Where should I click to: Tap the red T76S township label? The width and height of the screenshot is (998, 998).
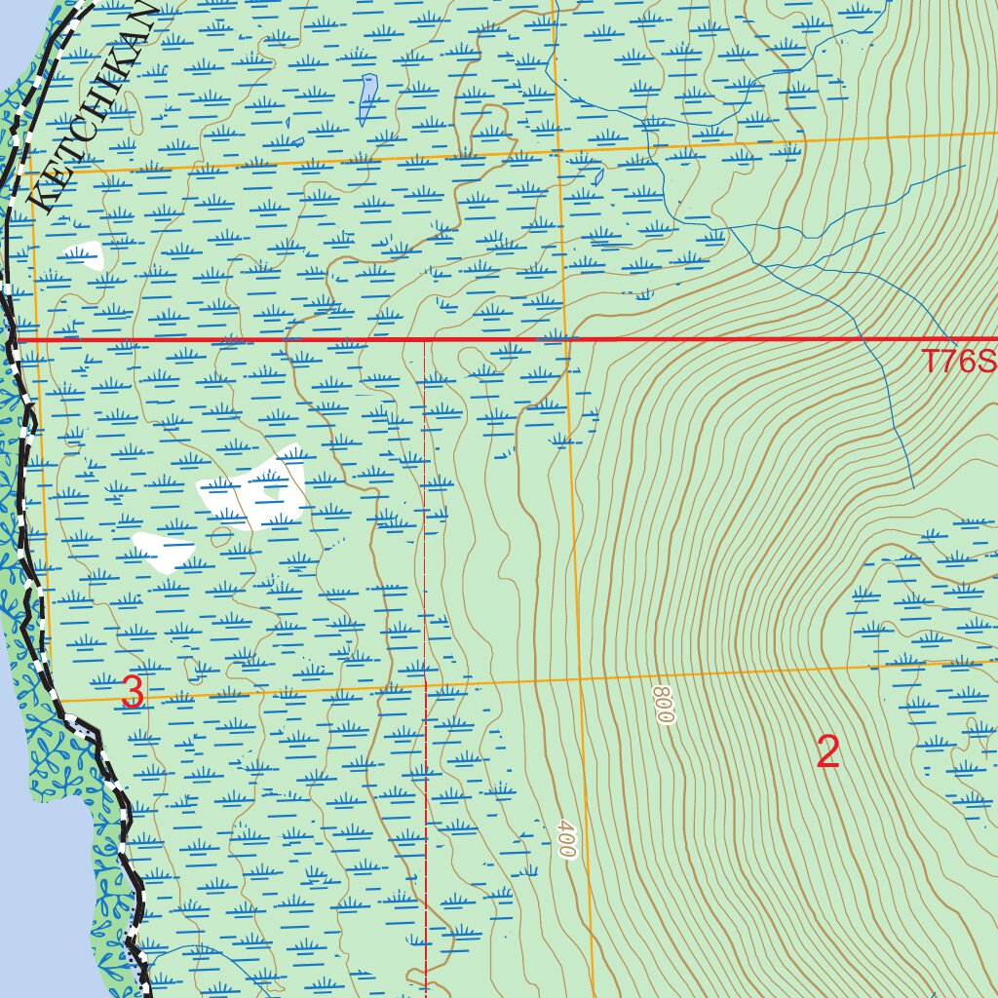click(x=960, y=363)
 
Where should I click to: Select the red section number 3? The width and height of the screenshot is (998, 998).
click(x=133, y=693)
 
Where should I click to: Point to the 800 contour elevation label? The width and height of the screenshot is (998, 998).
click(x=664, y=704)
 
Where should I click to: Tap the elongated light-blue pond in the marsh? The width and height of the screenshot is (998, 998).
click(x=367, y=99)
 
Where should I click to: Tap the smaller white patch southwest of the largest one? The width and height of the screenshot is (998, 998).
click(x=162, y=551)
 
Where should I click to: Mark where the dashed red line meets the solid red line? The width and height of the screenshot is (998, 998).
click(x=425, y=340)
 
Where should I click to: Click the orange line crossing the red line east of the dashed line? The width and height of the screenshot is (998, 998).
click(x=567, y=340)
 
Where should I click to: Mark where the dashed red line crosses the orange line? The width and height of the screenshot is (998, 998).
click(x=426, y=683)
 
